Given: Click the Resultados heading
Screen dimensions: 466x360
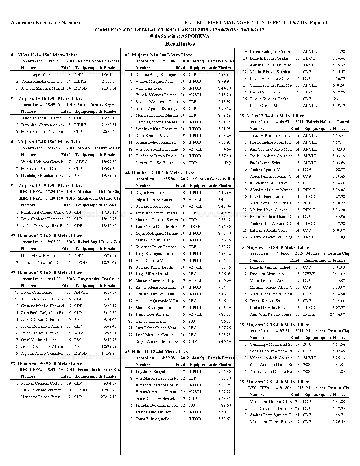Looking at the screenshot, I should (x=180, y=44).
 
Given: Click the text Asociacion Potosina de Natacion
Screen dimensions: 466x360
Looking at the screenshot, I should (x=45, y=23).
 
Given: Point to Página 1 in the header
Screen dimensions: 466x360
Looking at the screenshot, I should (x=319, y=23).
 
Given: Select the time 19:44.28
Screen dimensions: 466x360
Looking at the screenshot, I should (x=109, y=75).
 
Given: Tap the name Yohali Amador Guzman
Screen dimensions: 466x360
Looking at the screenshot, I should (x=41, y=82).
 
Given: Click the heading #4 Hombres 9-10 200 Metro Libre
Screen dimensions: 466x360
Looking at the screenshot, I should (x=159, y=173).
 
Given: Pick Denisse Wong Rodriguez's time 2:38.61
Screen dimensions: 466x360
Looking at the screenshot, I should (x=224, y=75).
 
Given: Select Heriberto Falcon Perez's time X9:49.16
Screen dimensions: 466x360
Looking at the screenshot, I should (x=108, y=397).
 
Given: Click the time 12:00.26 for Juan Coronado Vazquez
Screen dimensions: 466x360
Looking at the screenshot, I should (x=109, y=390).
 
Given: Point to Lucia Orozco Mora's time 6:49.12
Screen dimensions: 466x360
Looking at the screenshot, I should (x=339, y=106).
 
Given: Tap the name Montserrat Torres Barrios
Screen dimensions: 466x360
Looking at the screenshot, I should (x=271, y=422).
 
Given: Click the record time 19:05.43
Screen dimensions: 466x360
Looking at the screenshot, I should (x=53, y=61).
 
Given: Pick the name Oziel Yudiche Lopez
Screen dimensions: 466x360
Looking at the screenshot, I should (x=38, y=340).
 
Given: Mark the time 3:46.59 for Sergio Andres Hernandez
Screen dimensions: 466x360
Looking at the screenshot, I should (x=224, y=342).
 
